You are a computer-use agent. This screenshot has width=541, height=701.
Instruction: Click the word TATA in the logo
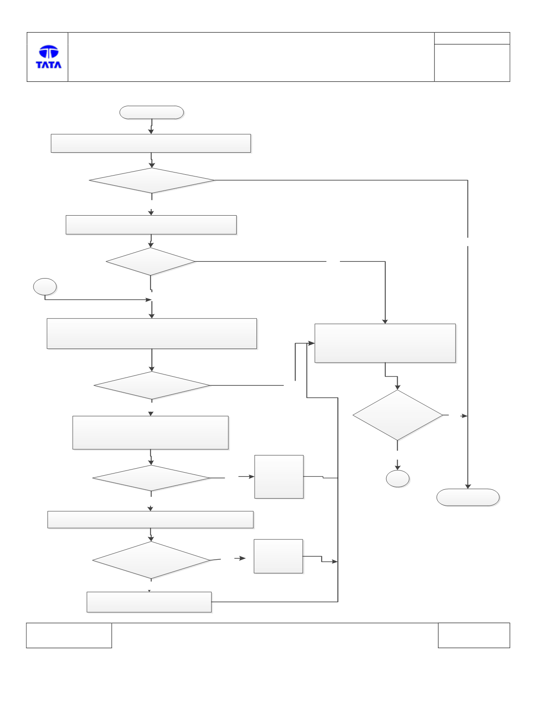(48, 65)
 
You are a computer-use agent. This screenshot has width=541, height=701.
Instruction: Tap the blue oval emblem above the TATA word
(49, 51)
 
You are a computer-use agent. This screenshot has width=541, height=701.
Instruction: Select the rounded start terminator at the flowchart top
(152, 112)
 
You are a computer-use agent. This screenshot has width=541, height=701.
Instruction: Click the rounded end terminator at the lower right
(468, 497)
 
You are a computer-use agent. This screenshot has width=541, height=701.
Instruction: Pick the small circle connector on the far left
(45, 286)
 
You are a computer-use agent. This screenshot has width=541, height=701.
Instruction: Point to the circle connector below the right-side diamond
(398, 478)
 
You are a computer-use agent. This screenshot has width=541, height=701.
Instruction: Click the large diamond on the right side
(398, 415)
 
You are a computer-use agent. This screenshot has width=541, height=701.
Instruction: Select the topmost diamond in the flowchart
(152, 180)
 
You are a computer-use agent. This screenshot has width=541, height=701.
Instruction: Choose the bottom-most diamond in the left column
(151, 560)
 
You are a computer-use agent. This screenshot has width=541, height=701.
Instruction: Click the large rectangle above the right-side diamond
(385, 343)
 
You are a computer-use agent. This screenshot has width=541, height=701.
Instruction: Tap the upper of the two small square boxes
(279, 477)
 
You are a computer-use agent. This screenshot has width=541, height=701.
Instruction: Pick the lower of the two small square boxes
(278, 556)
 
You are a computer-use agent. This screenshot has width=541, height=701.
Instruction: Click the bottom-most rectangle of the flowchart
(149, 602)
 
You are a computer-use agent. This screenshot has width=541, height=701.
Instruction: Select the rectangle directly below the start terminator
(150, 143)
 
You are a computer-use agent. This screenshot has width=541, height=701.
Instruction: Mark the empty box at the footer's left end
(69, 635)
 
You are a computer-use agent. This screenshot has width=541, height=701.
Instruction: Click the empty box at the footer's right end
(474, 635)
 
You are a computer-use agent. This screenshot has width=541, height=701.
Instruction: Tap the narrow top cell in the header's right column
(472, 38)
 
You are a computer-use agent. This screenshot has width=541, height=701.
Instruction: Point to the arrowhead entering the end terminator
(468, 486)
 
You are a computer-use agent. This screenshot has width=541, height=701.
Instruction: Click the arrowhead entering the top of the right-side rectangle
(385, 322)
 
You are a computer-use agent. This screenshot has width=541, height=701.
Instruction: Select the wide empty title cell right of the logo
(251, 57)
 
